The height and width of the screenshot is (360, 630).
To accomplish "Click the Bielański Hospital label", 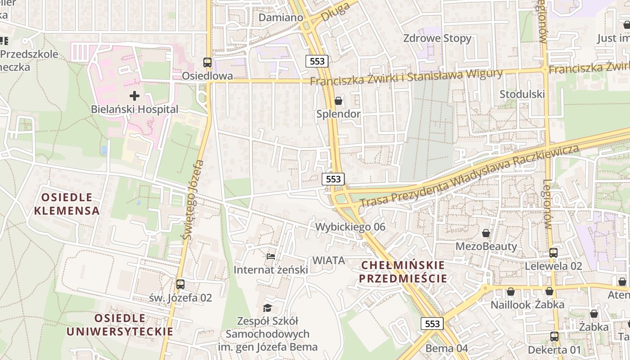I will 135,109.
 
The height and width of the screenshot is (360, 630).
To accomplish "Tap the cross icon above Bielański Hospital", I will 135,95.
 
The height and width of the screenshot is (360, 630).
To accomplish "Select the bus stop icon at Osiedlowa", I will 207,63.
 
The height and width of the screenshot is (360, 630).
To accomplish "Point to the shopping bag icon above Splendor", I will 338,101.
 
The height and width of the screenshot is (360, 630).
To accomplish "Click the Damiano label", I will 281,18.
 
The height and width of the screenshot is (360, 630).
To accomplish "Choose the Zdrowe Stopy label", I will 437,38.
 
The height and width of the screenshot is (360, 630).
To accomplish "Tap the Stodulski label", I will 522,94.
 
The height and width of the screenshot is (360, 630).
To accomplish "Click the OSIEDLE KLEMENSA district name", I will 67,204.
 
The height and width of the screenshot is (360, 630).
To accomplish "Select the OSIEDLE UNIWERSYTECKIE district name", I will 120,325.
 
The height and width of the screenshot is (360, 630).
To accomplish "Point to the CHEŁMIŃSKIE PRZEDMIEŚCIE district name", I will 403,272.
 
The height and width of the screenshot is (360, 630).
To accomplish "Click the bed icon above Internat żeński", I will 270,256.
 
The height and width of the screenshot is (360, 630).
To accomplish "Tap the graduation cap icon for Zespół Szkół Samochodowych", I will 268,308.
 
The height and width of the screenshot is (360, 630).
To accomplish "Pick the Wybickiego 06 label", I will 350,227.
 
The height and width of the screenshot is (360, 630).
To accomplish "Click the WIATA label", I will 328,260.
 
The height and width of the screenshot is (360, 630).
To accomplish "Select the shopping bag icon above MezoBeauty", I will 486,233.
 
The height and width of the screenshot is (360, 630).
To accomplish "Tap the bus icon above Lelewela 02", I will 553,253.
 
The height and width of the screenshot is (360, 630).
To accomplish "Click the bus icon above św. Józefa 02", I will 180,284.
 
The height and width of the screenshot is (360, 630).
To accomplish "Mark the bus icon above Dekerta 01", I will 554,337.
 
